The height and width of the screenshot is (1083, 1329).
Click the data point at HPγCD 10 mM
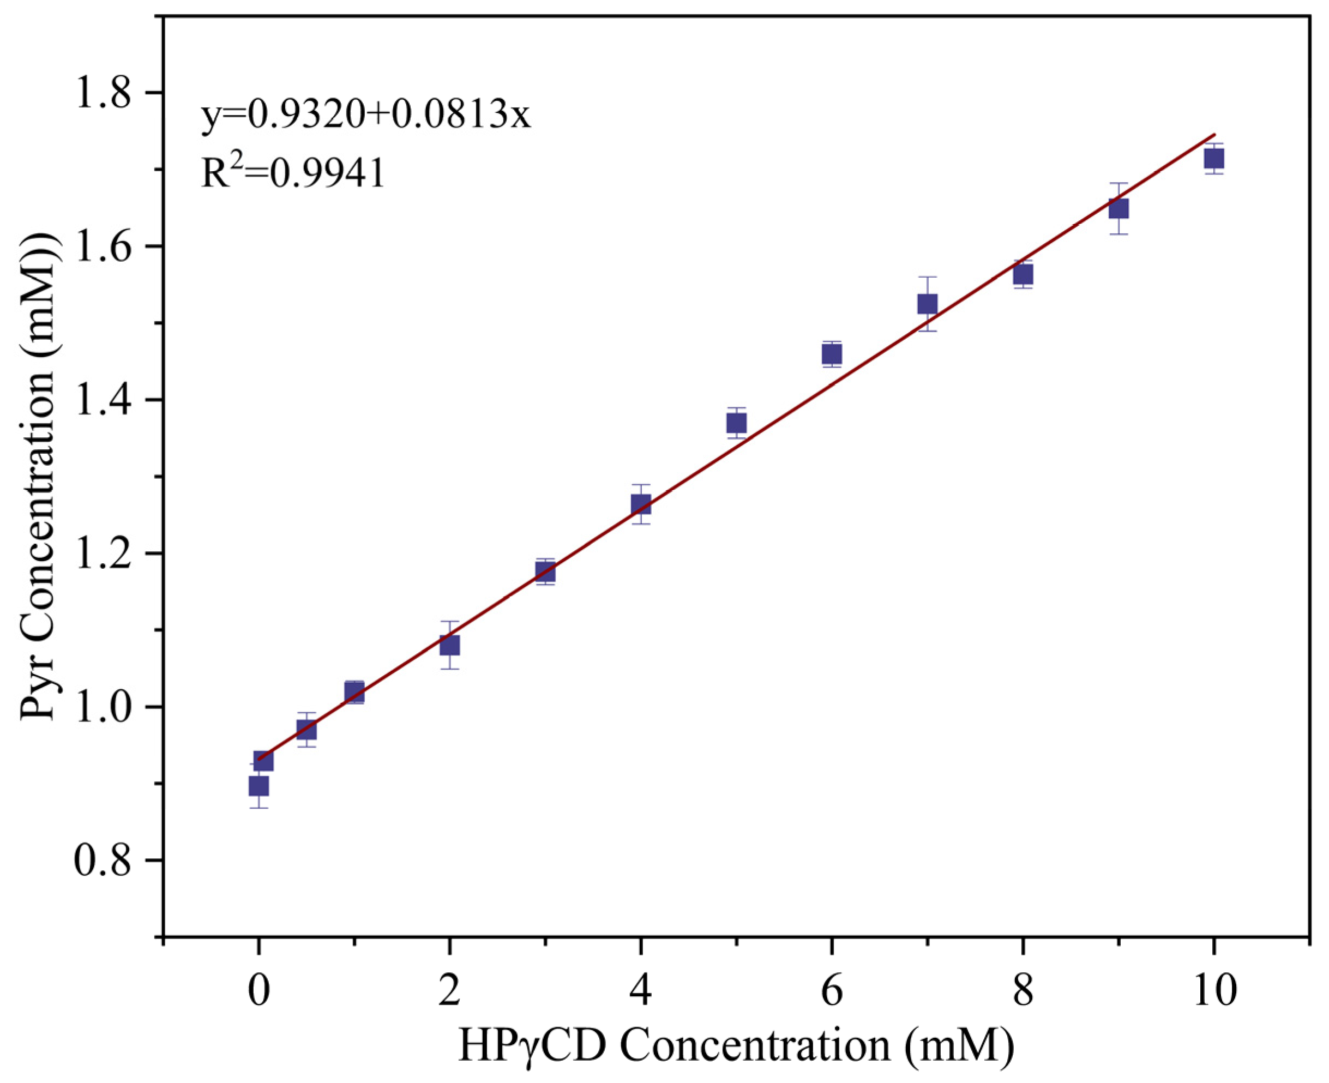pos(1213,159)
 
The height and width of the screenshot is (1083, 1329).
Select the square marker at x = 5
pos(736,424)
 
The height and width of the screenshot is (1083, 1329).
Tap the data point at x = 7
pos(927,304)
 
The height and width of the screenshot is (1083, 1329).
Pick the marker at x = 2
pos(449,645)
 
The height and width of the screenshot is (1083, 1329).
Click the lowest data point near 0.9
pos(259,786)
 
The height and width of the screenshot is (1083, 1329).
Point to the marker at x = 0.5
pos(306,729)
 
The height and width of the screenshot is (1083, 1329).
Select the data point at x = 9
pos(1118,208)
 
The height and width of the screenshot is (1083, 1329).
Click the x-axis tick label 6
pos(831,990)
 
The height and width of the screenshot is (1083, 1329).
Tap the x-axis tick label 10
pos(1214,990)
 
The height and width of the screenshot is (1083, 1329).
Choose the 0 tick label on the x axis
pos(258,990)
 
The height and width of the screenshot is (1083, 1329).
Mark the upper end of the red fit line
pos(1214,135)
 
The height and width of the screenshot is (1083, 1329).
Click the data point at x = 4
pos(641,504)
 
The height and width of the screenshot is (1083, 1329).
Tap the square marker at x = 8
pos(1023,274)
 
